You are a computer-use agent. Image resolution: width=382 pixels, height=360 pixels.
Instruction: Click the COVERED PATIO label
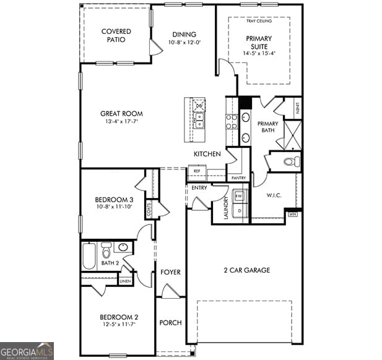pos(116,35)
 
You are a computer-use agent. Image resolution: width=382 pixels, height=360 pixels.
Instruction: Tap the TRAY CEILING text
pos(259,22)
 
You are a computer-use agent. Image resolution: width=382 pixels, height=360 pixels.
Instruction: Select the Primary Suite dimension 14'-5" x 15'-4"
pos(259,53)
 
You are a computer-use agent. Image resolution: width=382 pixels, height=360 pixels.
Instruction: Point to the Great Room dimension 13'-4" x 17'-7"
pos(121,122)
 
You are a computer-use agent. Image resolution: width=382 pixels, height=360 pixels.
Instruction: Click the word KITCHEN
pos(207,154)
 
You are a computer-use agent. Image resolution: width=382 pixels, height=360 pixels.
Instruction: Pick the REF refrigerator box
pos(197,171)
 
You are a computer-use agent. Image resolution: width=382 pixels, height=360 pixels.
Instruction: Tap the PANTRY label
pos(238,178)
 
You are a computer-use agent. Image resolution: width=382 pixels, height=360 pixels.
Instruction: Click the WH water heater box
pos(293,214)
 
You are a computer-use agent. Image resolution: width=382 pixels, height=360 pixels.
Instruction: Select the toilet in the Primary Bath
pos(290,162)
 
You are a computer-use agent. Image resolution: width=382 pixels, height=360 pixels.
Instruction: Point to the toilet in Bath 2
pos(106,251)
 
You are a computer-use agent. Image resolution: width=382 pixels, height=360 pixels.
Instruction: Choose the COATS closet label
pos(149,210)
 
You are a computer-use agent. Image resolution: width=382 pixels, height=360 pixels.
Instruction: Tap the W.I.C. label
pos(274,195)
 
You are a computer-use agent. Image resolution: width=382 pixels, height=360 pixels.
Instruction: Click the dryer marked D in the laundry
pos(240,210)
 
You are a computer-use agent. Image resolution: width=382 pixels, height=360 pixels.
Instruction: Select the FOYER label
pos(170,272)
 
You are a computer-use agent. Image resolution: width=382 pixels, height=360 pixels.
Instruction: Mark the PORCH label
pos(170,323)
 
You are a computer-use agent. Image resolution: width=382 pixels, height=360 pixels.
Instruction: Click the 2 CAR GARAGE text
pos(246,270)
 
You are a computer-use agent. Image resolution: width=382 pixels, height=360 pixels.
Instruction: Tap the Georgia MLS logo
pos(27,351)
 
